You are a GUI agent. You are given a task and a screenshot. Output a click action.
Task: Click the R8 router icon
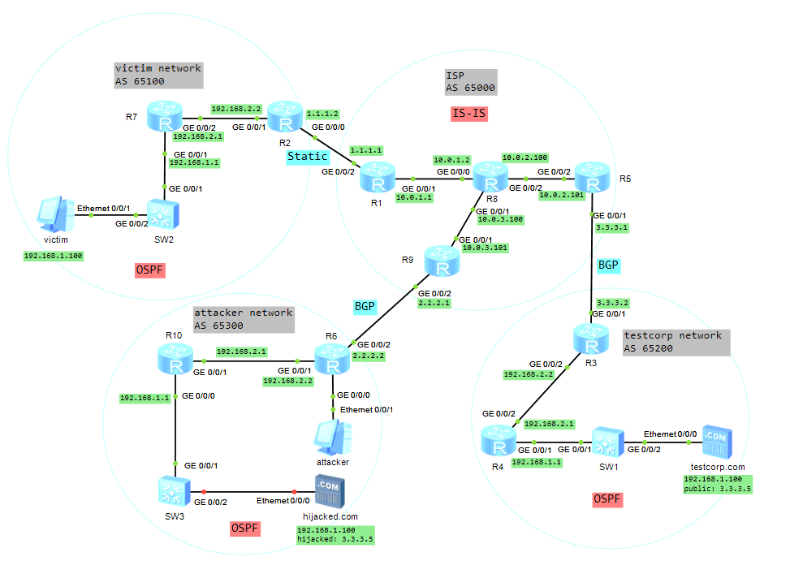490,177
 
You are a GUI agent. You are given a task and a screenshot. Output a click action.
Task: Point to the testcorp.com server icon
716,442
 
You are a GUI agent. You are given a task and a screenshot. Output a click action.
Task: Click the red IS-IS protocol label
468,113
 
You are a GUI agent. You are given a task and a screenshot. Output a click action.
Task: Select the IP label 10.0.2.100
525,158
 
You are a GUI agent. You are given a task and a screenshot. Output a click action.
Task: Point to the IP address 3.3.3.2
613,302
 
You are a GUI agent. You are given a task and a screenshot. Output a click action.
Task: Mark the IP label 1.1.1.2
322,114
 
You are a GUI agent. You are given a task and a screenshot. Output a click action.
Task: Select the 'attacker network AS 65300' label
243,319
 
